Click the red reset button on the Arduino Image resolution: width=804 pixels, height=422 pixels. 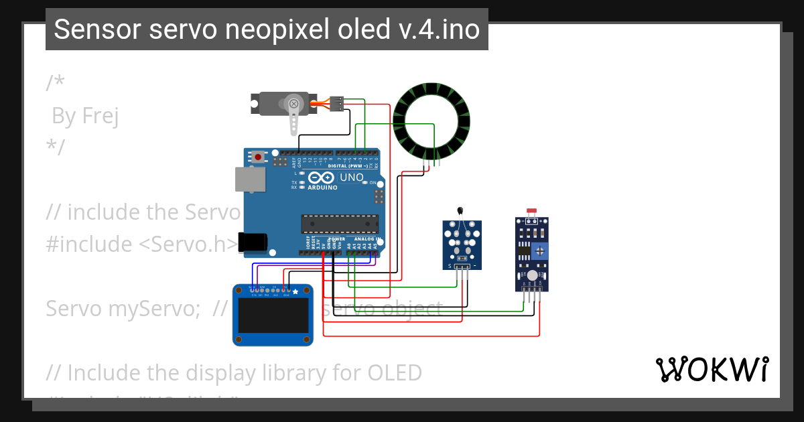(258, 157)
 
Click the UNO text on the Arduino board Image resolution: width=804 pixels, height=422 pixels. (351, 178)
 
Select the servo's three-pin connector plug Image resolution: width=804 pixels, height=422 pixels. (337, 104)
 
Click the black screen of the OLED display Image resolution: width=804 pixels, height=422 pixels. (273, 318)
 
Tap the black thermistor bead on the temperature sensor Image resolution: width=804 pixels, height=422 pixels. (460, 210)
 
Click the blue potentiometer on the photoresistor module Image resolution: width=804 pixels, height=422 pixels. (540, 251)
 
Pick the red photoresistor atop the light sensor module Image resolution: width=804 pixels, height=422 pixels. (532, 211)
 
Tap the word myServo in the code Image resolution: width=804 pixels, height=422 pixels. (148, 309)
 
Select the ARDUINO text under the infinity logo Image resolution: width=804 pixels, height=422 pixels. (322, 188)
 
